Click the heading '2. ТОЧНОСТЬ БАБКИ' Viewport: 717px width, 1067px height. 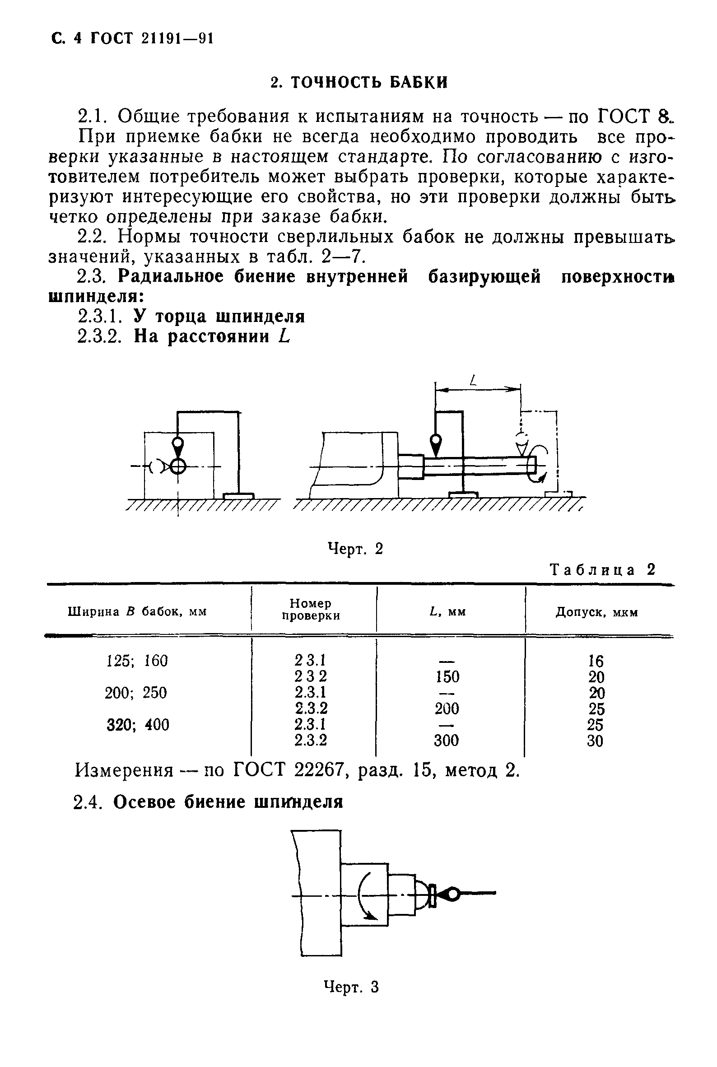tap(359, 82)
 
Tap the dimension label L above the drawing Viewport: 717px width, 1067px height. tap(473, 380)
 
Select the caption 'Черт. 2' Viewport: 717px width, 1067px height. tap(355, 548)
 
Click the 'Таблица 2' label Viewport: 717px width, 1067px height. tap(603, 570)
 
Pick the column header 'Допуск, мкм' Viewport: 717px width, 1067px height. tap(596, 612)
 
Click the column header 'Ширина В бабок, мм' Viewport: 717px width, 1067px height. tap(137, 611)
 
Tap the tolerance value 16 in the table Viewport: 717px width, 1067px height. tap(596, 661)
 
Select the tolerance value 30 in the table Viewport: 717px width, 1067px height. tap(595, 741)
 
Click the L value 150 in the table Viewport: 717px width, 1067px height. tap(447, 676)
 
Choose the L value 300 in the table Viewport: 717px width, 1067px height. tap(446, 740)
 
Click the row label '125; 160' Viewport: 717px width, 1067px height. tap(137, 661)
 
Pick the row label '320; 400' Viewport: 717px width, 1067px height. tap(138, 724)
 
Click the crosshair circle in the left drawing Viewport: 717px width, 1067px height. tap(178, 466)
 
